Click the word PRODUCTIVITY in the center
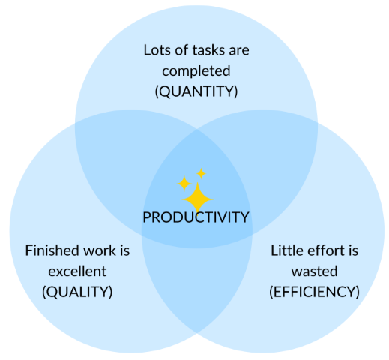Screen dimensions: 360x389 [x=195, y=217]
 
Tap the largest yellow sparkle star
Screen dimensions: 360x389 [x=198, y=197]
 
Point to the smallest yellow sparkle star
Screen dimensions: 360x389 [x=201, y=173]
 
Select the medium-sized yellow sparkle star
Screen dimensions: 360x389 [x=184, y=183]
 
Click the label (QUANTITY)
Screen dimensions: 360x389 [x=196, y=92]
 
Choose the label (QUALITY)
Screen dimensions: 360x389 [x=77, y=291]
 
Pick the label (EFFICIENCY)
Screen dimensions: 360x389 [x=314, y=291]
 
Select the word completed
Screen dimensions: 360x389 [x=196, y=71]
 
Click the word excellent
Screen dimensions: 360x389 [x=77, y=271]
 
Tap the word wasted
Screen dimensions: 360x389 [x=314, y=271]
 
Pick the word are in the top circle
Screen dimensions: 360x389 [x=239, y=51]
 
